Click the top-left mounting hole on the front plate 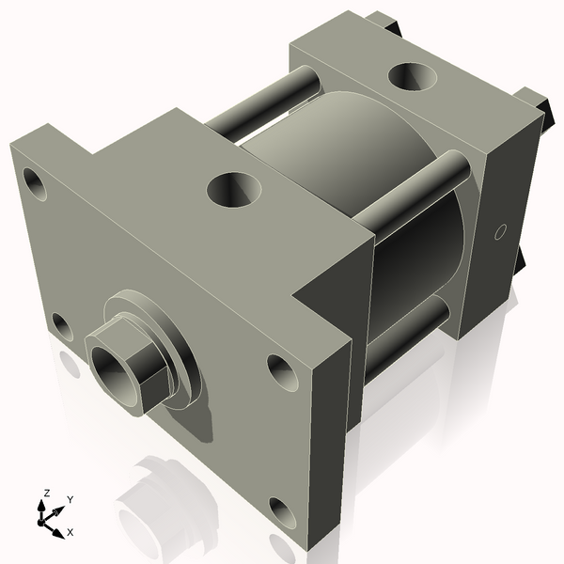tap(35, 184)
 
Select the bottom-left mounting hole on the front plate tap(62, 326)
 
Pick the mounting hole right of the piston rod tap(281, 370)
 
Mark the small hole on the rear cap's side tap(500, 230)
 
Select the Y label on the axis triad tap(70, 499)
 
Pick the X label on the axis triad tap(70, 531)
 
